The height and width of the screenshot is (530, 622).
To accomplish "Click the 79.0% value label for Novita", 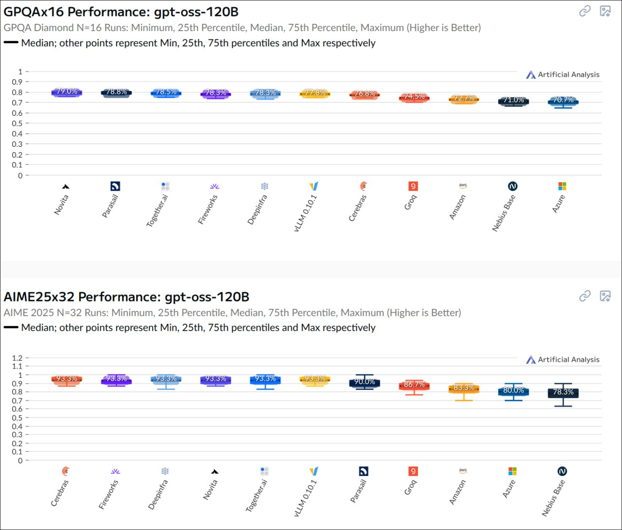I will coord(67,91).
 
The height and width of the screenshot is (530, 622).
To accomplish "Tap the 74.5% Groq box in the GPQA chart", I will coord(414,98).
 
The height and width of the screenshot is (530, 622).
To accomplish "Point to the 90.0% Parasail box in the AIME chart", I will coord(364,383).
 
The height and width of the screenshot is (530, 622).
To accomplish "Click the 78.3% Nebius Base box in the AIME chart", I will coord(563,392).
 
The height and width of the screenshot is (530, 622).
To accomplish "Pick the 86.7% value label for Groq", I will coord(414,385).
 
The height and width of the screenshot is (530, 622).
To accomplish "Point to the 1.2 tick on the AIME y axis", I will coord(17,358).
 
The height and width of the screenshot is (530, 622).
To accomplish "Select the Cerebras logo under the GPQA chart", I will coord(363,186).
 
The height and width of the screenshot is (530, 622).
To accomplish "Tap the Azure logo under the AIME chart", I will coord(512,471).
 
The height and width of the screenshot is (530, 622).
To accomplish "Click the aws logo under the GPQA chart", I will coord(463,185).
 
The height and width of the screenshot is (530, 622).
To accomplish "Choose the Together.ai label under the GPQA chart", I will coord(157,211).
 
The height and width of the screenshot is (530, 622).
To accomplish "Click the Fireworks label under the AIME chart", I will coord(109,494).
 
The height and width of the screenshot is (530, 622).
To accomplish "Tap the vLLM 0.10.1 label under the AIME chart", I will coord(306,497).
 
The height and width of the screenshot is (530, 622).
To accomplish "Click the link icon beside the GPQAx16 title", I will coord(585,11).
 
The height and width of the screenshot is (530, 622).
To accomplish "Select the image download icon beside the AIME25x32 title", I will coord(605,296).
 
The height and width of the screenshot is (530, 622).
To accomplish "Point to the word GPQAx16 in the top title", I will coord(34,12).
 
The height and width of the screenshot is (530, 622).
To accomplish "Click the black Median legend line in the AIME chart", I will coord(11,328).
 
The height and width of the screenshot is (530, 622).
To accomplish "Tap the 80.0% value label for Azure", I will coord(513,390).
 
